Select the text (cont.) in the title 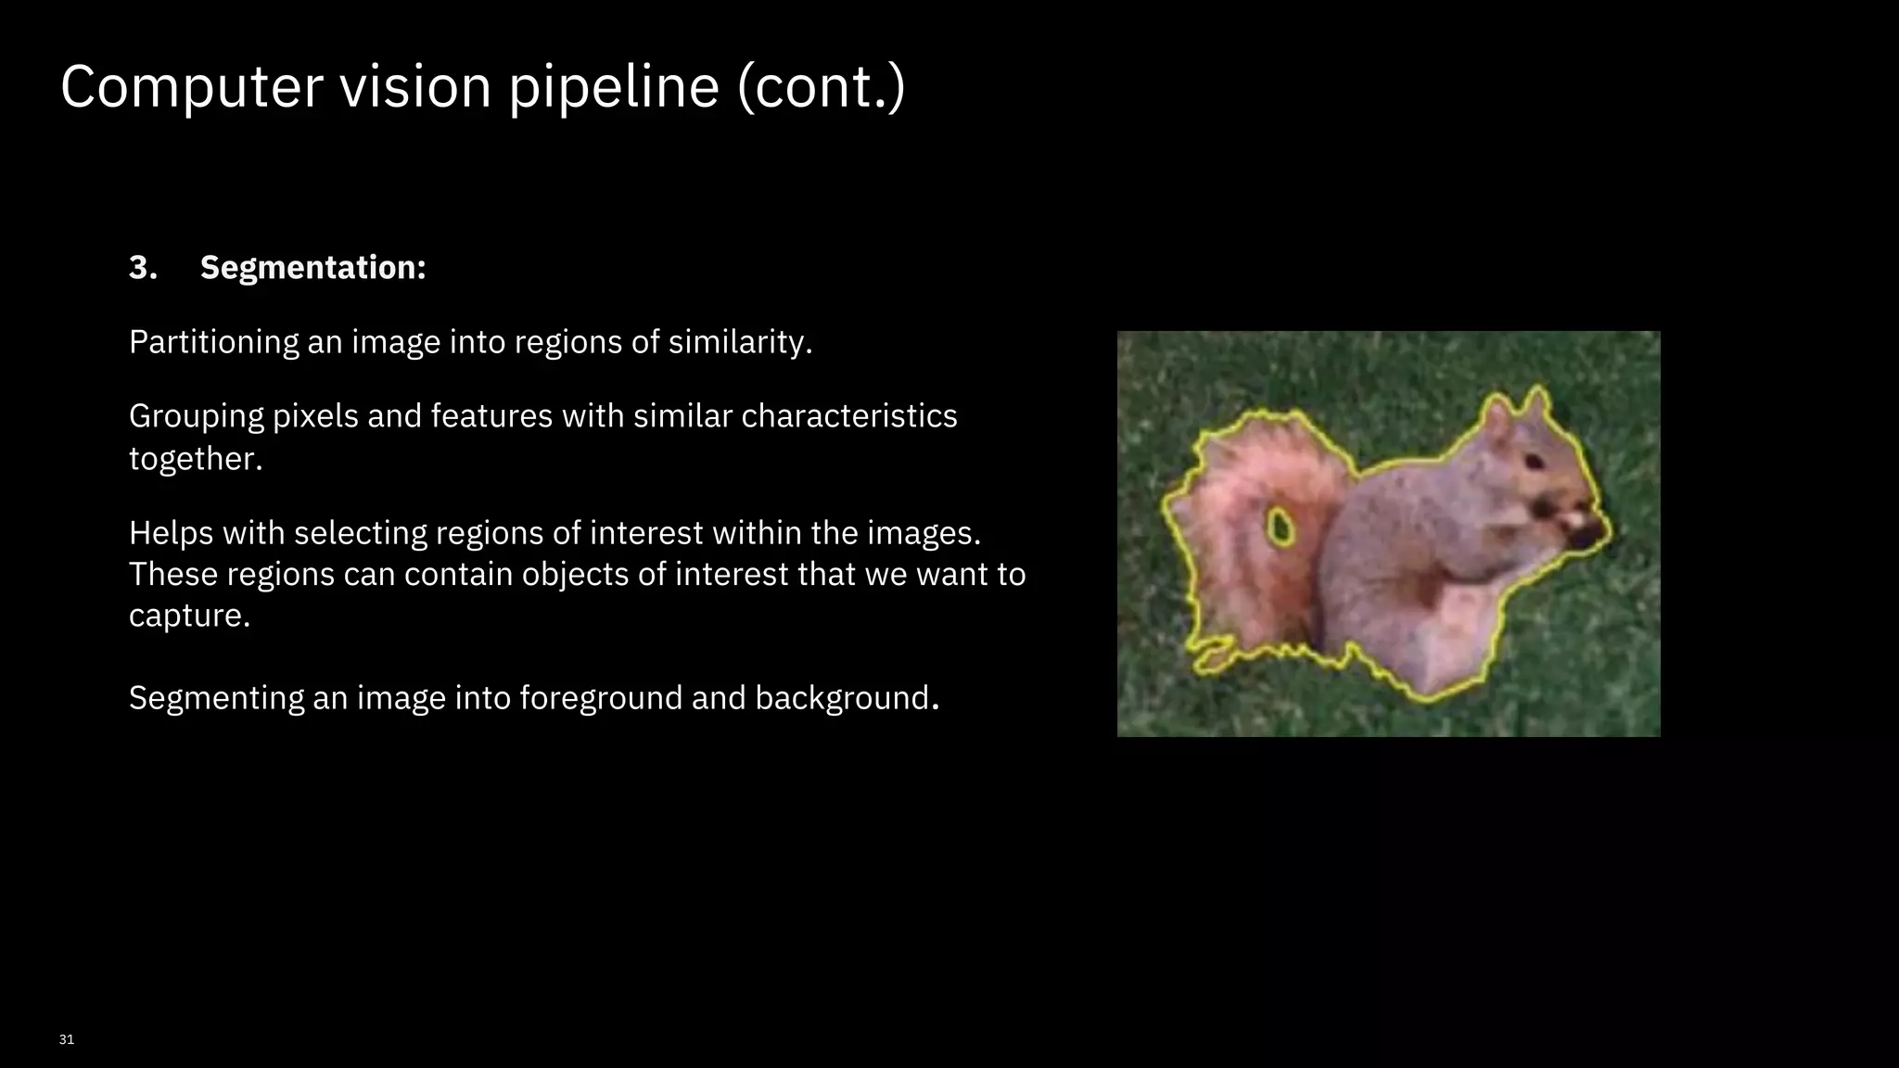[x=821, y=87]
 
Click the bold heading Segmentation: [x=313, y=268]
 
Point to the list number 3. [x=143, y=268]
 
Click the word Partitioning [x=213, y=342]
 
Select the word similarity [x=740, y=342]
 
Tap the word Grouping [x=197, y=416]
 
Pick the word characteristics [x=848, y=416]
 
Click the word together [x=196, y=459]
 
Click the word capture [x=189, y=616]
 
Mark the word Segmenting [x=216, y=698]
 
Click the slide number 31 [x=66, y=1039]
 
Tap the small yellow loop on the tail [x=1281, y=527]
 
